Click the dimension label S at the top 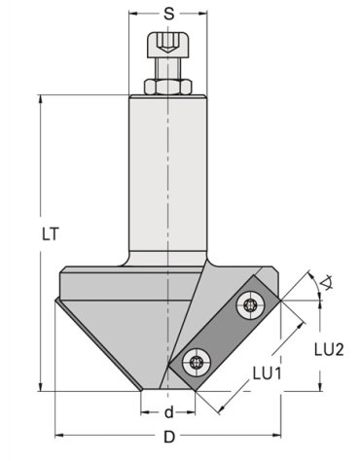tap(168, 14)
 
